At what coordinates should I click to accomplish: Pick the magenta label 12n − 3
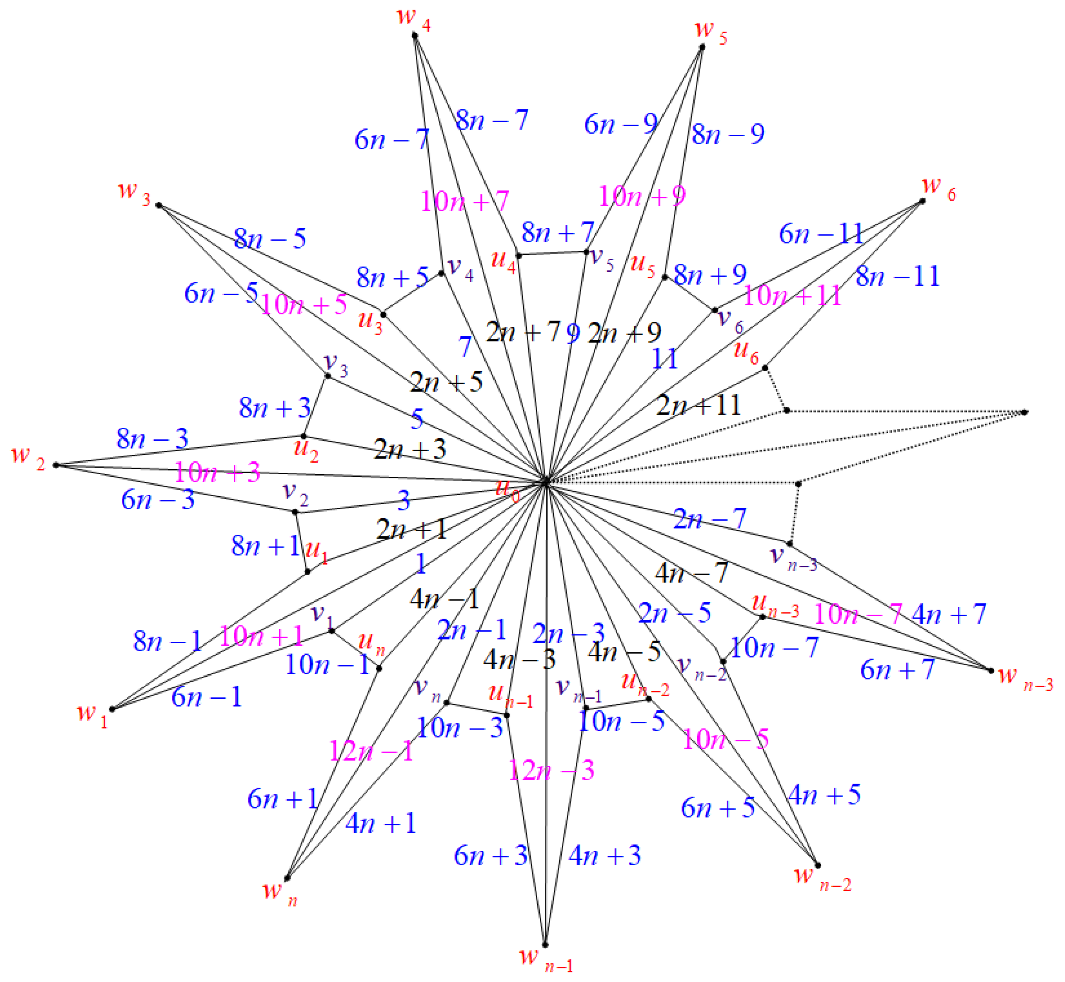coord(551,770)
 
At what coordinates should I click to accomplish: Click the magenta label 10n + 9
coord(642,197)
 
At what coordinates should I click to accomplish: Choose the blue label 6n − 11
coord(821,234)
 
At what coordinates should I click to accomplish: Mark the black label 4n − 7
coord(691,573)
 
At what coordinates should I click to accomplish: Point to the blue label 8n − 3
coord(152,439)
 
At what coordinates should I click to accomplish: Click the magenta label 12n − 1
coord(371,751)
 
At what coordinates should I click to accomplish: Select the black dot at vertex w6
coord(923,201)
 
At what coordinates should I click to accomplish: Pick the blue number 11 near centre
coord(665,359)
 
